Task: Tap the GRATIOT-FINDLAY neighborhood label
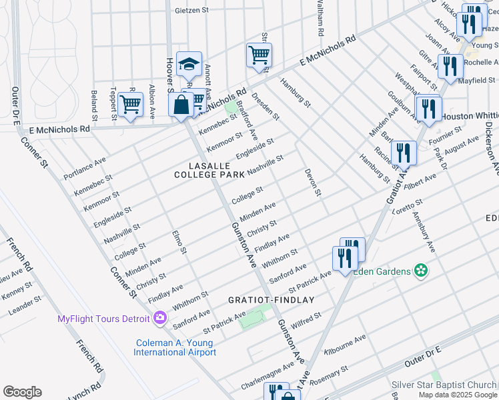[x=272, y=300]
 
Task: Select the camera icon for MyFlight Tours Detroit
[x=160, y=318]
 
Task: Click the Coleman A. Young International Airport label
[x=174, y=347]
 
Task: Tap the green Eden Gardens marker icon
[x=421, y=270]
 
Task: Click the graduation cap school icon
[x=188, y=65]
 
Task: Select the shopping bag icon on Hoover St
[x=181, y=104]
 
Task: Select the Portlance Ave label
[x=85, y=169]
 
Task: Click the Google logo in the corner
[x=22, y=392]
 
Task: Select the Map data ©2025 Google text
[x=458, y=395]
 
